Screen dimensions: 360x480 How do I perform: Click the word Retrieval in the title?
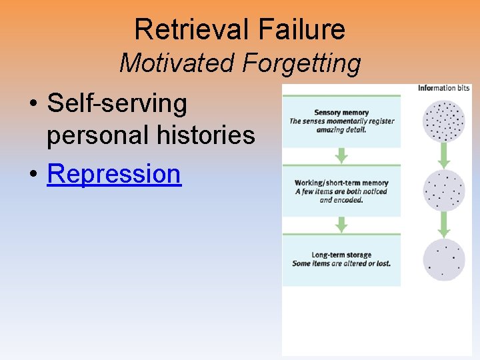coord(189,29)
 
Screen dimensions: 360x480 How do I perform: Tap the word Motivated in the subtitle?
coord(177,64)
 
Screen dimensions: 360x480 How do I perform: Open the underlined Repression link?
coord(114,173)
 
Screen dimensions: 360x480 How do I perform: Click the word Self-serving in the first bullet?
coord(117,103)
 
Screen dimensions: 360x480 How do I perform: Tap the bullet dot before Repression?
coord(33,175)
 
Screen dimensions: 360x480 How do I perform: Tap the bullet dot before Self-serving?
coord(33,105)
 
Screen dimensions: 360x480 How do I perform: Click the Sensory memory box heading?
coord(341,113)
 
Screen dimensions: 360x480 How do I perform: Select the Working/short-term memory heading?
coord(341,183)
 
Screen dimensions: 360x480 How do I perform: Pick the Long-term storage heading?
coord(341,255)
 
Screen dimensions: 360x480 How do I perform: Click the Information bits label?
coord(443,88)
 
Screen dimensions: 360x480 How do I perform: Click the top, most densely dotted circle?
coord(444,121)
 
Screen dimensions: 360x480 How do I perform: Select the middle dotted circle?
coord(444,191)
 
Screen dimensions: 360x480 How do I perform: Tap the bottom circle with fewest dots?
coord(444,259)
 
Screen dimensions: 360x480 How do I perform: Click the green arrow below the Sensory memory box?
coord(341,155)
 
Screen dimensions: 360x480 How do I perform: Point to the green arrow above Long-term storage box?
coord(341,225)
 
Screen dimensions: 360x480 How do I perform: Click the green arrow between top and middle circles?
coord(444,156)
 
